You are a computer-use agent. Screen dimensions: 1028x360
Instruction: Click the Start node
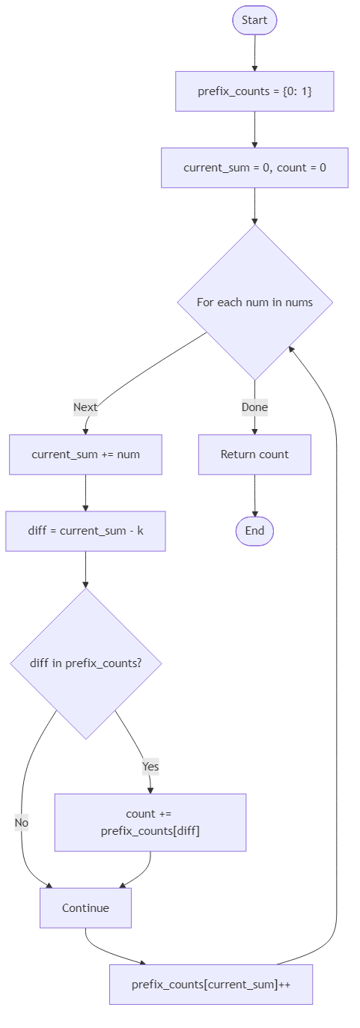click(254, 20)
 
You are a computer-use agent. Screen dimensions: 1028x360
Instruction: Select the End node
click(254, 531)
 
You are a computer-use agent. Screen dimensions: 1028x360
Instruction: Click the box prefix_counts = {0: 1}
click(254, 91)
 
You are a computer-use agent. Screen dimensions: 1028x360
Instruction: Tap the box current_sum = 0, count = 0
click(254, 168)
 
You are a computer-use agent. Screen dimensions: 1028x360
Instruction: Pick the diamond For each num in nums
click(254, 302)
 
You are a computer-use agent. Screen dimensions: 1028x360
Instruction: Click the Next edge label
click(85, 407)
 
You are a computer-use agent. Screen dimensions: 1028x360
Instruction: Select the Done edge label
click(254, 407)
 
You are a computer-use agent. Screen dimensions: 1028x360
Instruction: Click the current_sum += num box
click(85, 454)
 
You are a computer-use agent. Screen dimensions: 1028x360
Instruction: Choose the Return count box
click(254, 454)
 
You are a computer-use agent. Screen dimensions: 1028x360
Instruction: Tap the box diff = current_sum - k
click(85, 531)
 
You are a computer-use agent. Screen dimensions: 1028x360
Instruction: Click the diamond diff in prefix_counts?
click(85, 663)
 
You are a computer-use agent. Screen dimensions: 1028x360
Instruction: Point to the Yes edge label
click(150, 767)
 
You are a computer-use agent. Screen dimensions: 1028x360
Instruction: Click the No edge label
click(21, 823)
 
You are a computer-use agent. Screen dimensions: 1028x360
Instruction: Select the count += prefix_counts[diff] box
click(150, 822)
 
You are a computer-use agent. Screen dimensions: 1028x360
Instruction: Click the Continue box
click(85, 908)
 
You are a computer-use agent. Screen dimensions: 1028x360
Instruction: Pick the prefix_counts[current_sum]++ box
click(211, 985)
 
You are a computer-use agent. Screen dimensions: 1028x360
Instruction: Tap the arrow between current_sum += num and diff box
click(85, 493)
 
